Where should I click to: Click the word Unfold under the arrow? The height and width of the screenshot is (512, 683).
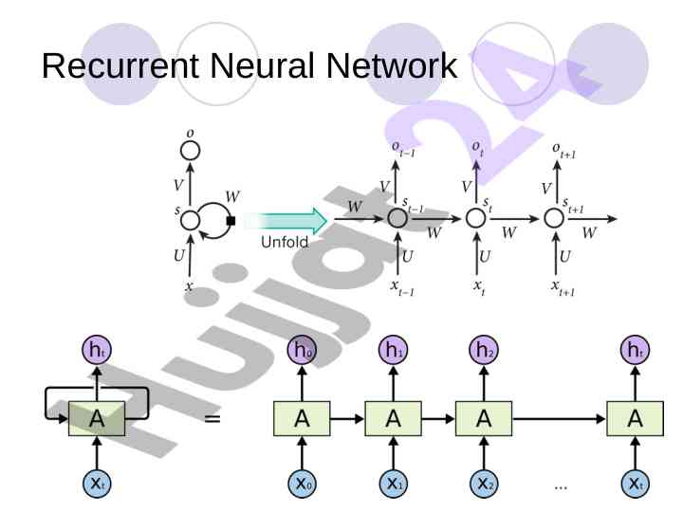coord(286,243)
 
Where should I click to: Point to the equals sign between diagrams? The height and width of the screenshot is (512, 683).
coord(212,417)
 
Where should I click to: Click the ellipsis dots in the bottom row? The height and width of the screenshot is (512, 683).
coord(561,485)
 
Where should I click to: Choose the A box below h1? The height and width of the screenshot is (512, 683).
coord(392,417)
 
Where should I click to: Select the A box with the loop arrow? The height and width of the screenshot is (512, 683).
coord(97,417)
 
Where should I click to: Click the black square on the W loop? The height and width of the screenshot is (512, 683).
coord(231,221)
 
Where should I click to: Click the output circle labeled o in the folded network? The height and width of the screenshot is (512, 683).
coord(191,150)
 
